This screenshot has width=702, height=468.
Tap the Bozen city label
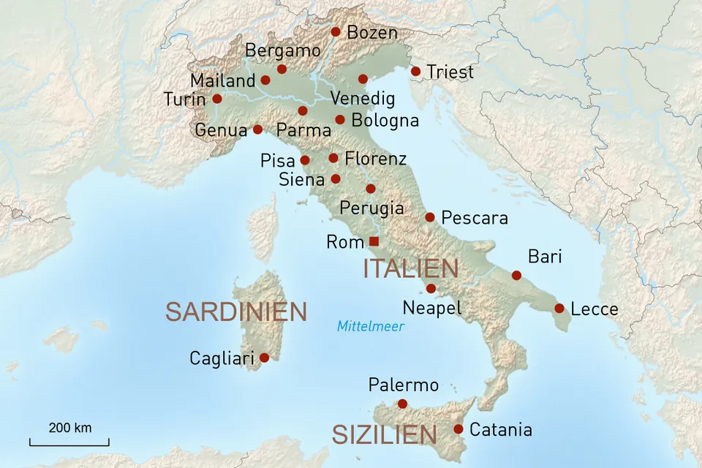(372, 33)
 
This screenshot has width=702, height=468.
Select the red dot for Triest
(415, 72)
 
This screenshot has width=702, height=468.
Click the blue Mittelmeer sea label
(370, 326)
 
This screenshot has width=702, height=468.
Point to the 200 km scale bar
(69, 442)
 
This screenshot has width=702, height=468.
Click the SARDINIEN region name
(235, 312)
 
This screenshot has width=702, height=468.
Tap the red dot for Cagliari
(265, 358)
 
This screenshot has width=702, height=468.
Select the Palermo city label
(403, 385)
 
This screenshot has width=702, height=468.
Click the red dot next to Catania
(458, 429)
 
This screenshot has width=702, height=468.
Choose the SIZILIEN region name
(385, 435)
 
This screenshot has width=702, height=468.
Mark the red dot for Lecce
(559, 309)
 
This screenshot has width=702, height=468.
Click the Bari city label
(544, 257)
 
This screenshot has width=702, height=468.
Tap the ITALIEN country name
(411, 268)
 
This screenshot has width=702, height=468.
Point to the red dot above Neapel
(431, 289)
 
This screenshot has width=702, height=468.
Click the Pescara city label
(475, 218)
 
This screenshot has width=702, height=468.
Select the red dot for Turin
(217, 99)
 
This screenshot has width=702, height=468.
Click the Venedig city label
(363, 99)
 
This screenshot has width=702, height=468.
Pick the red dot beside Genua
(257, 129)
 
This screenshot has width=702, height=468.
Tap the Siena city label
(301, 179)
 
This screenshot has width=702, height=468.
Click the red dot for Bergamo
(282, 69)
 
